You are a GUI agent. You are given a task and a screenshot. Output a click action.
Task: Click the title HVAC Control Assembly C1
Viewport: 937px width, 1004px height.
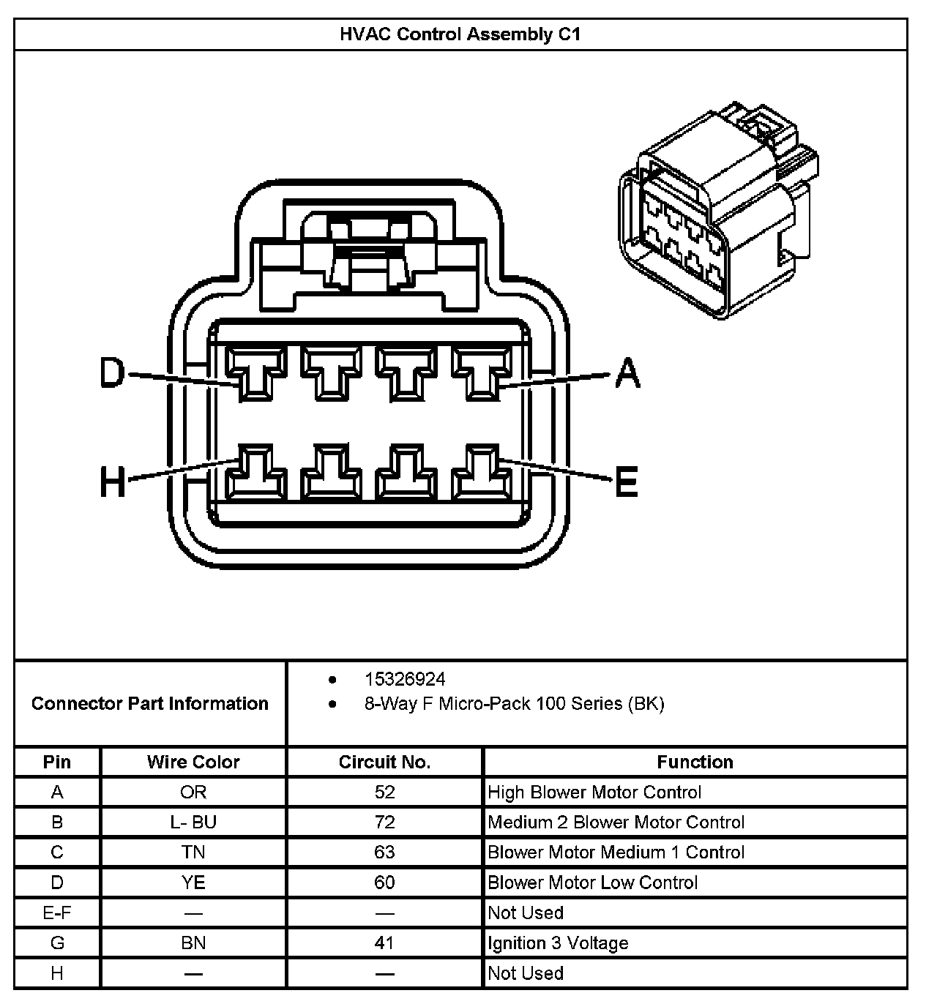pyautogui.click(x=460, y=34)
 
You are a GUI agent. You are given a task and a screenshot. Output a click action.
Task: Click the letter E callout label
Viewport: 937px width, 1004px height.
pyautogui.click(x=626, y=481)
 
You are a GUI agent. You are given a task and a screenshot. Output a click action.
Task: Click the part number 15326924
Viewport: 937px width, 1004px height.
pyautogui.click(x=405, y=680)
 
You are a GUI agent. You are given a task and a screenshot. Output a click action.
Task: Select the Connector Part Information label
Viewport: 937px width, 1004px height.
pyautogui.click(x=150, y=704)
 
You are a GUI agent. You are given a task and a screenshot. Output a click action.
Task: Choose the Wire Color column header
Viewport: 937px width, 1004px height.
pyautogui.click(x=193, y=762)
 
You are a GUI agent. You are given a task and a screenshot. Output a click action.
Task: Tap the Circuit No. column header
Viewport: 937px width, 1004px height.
pyautogui.click(x=384, y=762)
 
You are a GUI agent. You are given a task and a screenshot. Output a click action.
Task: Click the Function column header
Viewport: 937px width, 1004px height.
pyautogui.click(x=695, y=762)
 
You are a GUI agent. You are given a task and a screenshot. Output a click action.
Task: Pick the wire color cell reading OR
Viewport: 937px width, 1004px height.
pyautogui.click(x=193, y=793)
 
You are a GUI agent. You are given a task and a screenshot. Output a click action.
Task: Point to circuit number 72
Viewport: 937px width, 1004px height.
pyautogui.click(x=384, y=823)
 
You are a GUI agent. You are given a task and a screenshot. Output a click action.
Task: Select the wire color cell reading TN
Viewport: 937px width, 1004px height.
pyautogui.click(x=193, y=853)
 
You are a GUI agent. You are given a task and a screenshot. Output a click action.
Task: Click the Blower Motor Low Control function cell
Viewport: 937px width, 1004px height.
pyautogui.click(x=593, y=883)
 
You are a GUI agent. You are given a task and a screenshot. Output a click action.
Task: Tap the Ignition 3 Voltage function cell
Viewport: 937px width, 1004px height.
pyautogui.click(x=558, y=943)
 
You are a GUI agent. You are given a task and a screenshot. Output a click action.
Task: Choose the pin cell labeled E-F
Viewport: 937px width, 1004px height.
pyautogui.click(x=57, y=913)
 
